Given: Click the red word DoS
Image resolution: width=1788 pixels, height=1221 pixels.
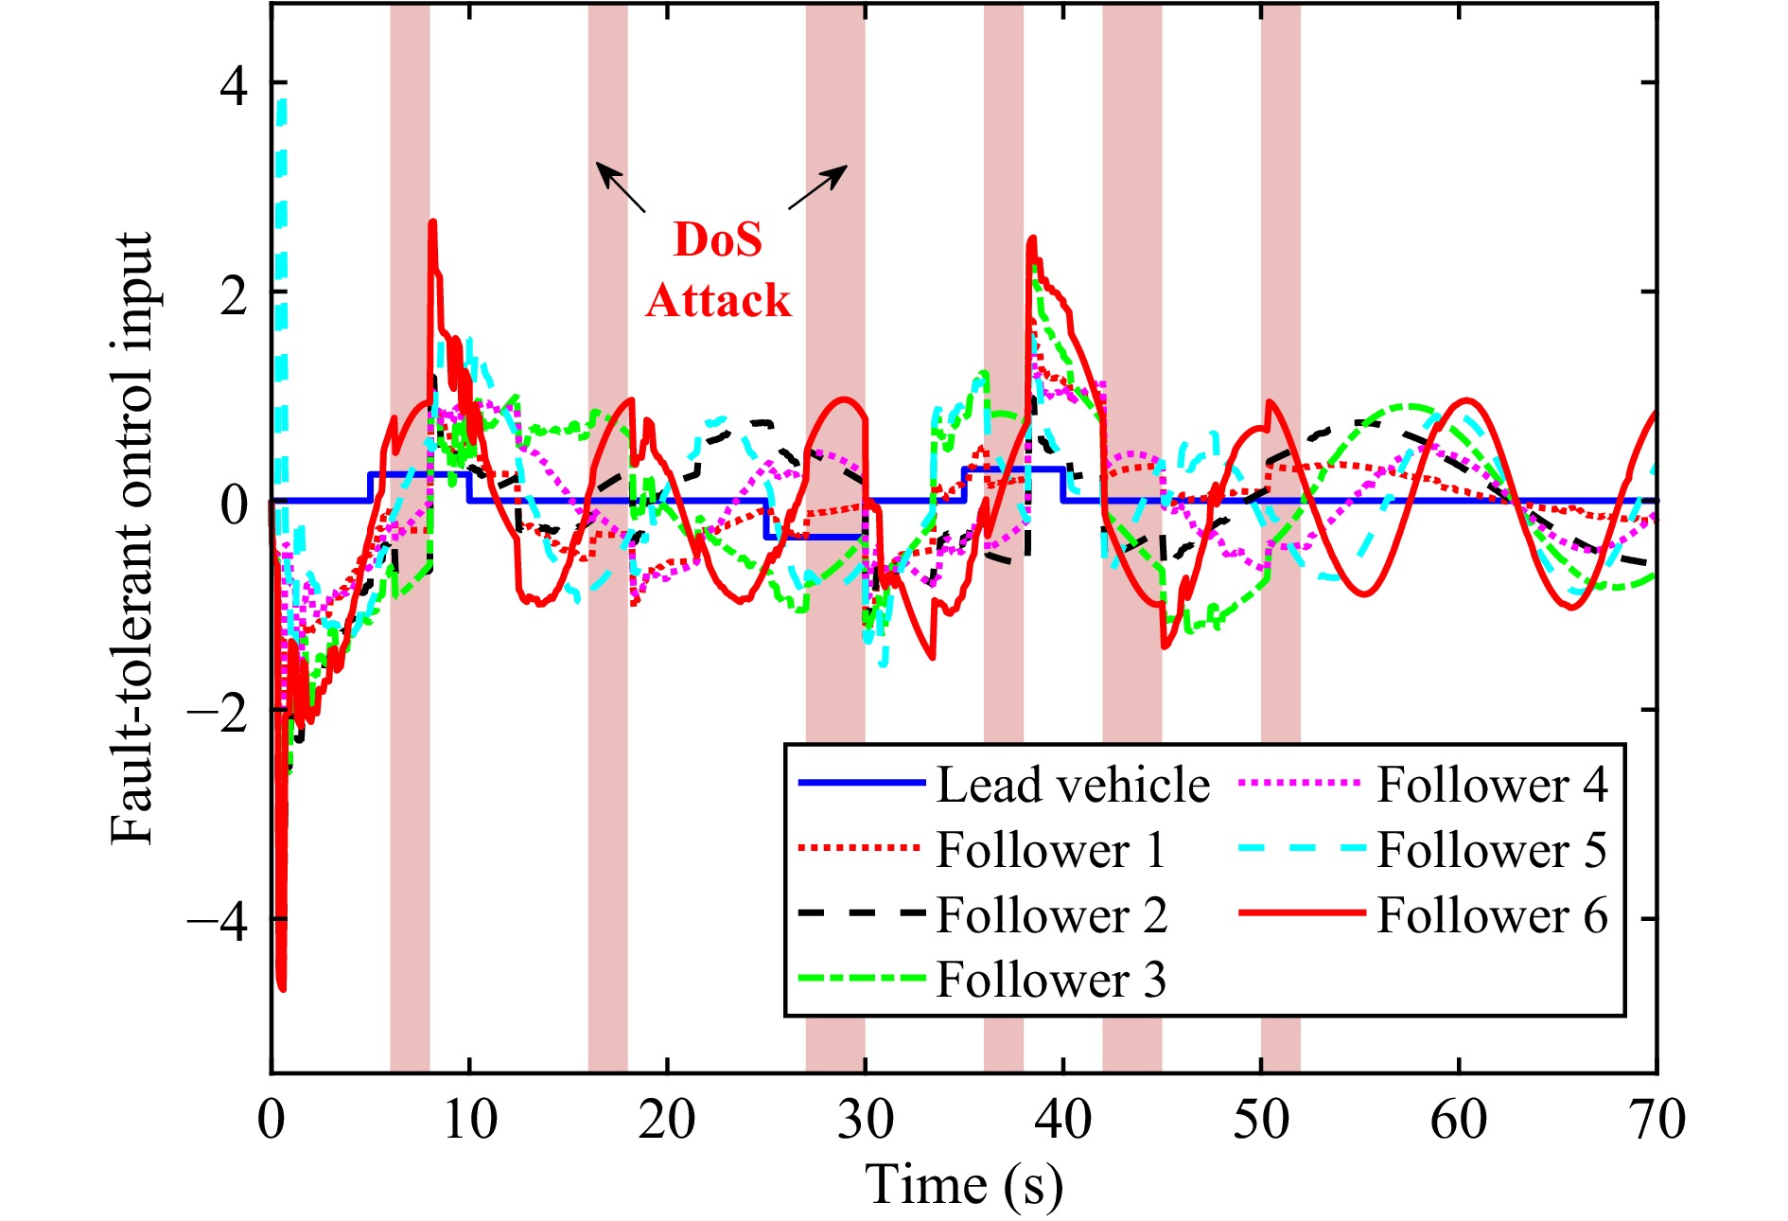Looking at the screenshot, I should click(718, 239).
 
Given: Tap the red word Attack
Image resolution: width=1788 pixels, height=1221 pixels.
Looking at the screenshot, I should click(718, 300).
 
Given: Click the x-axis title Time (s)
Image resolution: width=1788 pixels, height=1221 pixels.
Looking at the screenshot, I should click(963, 1184).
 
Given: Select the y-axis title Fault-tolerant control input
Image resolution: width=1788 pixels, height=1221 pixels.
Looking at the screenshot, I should click(131, 538).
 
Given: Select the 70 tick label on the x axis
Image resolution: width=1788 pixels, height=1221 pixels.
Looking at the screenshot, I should click(1657, 1120).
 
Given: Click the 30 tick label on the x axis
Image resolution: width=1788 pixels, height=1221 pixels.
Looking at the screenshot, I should click(865, 1120).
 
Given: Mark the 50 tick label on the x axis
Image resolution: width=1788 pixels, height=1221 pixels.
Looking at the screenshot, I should click(1261, 1120).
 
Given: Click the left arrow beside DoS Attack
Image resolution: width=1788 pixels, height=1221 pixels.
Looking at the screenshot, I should click(620, 186).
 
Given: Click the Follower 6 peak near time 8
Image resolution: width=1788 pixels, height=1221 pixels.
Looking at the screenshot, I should click(432, 223).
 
